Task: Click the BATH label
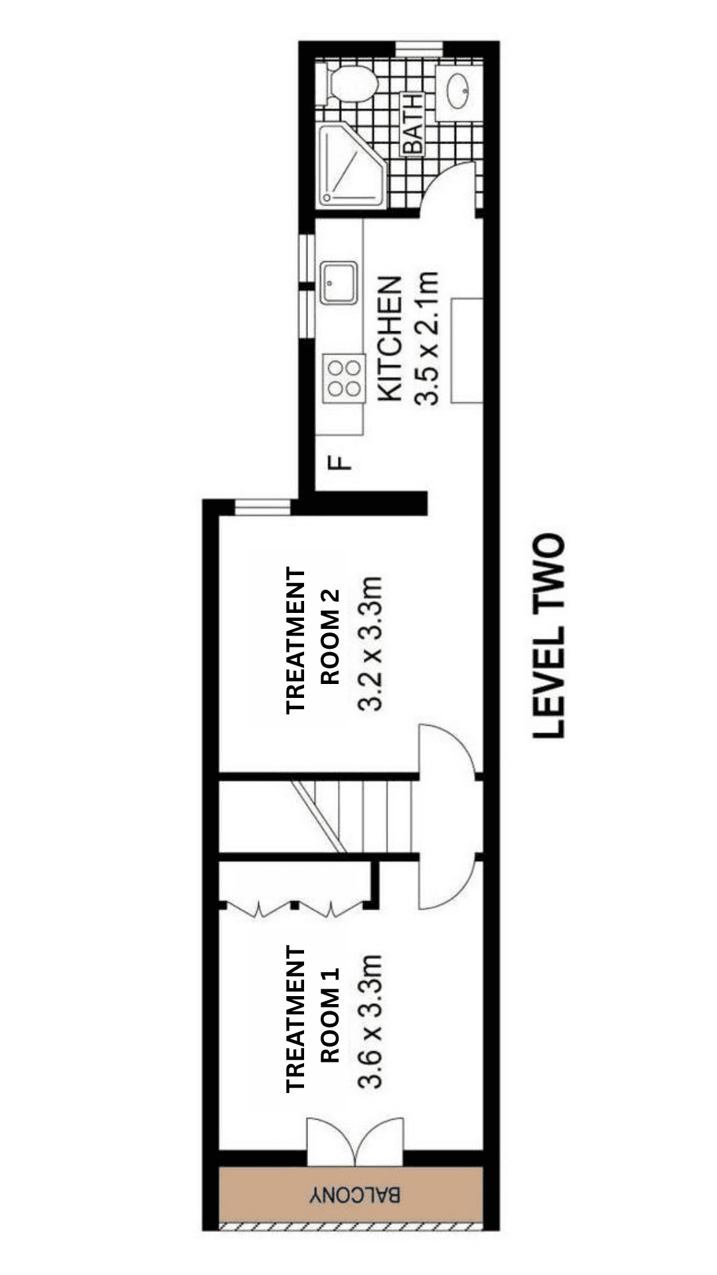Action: [x=412, y=124]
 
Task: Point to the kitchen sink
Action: [x=338, y=282]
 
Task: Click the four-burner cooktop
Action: [x=345, y=378]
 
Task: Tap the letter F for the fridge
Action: [x=341, y=462]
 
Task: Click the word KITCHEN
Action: [x=390, y=339]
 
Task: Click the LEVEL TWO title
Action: [x=549, y=635]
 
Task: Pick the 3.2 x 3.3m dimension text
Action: [x=370, y=643]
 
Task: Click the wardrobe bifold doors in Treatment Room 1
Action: [x=295, y=908]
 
